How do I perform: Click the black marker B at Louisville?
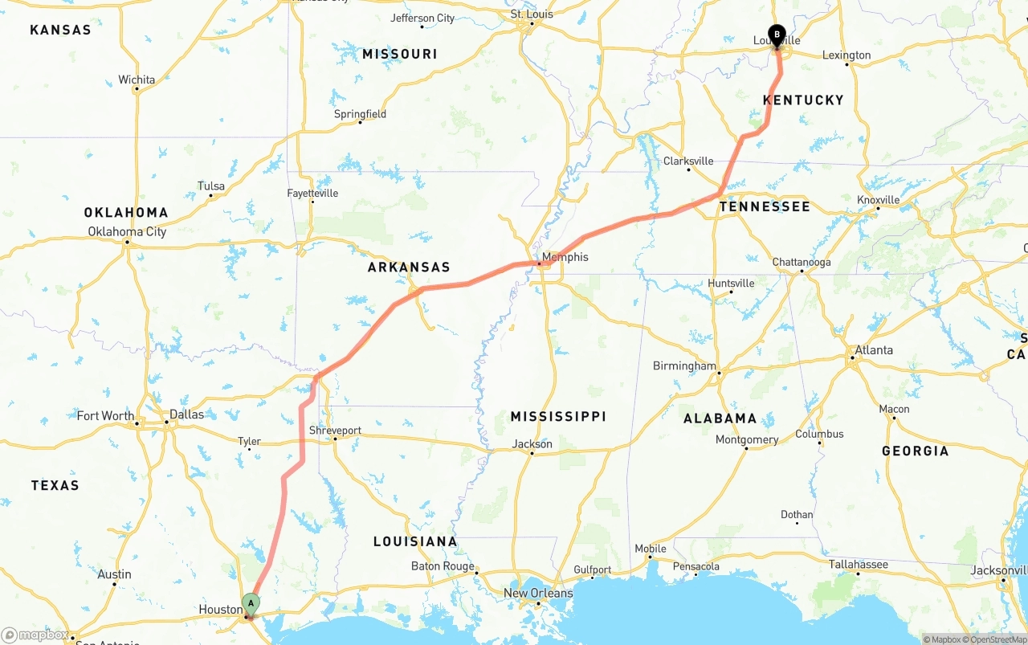[x=777, y=35]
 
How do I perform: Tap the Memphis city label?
[x=565, y=257]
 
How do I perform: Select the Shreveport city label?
[x=335, y=431]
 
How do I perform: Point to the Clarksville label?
[x=688, y=161]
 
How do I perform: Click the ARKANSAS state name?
[x=409, y=267]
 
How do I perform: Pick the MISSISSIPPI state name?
[x=558, y=416]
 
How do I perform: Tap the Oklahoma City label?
[x=127, y=231]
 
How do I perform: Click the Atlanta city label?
[x=873, y=349]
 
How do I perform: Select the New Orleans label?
[x=538, y=593]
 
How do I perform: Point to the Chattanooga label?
[x=801, y=262]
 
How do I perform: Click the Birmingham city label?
[x=684, y=365]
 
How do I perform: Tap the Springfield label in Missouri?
[x=360, y=114]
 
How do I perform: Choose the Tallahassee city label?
[x=859, y=564]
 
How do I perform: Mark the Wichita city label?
[x=137, y=80]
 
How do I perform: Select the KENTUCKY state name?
[x=803, y=100]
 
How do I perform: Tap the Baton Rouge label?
[x=443, y=565]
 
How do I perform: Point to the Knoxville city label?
[x=878, y=199]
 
